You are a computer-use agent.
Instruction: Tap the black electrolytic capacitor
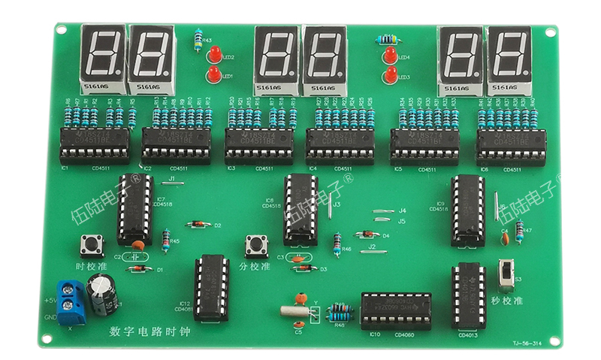[x=101, y=294]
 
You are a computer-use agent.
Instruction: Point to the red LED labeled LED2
[x=214, y=55]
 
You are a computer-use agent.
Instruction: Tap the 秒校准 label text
[x=508, y=301]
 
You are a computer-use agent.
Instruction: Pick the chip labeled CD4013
[x=469, y=296]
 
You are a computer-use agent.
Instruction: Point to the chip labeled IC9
[x=467, y=210]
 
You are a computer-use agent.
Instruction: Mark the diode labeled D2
[x=197, y=224]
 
